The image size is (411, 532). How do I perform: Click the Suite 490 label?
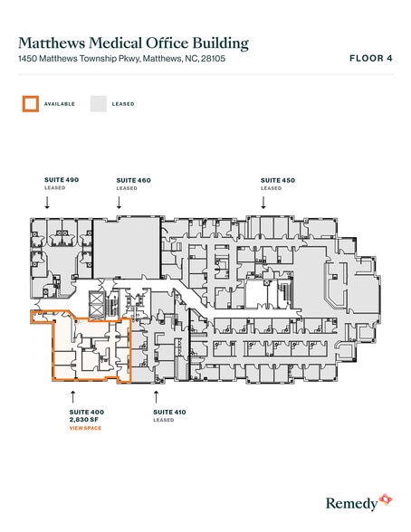62,180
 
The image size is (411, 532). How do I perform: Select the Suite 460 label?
133,180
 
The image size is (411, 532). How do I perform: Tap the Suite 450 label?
278,180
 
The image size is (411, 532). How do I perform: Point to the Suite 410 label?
169,412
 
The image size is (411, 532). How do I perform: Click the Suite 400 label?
87,412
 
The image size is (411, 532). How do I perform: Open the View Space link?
85,428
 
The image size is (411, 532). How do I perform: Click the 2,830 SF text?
84,420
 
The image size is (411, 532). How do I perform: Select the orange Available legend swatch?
31,104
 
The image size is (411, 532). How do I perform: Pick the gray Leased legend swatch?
99,104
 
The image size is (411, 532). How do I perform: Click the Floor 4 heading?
371,58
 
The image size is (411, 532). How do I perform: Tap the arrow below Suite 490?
47,203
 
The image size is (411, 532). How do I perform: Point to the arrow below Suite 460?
119,203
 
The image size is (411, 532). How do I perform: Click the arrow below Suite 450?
263,203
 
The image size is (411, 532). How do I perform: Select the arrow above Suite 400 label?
72,396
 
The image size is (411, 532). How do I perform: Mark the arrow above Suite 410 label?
156,396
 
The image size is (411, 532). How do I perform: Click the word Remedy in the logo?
351,503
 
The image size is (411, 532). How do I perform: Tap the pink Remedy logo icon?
386,499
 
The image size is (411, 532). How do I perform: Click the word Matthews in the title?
52,43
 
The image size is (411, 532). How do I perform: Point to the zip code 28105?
213,58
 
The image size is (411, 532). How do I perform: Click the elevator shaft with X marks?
95,304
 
